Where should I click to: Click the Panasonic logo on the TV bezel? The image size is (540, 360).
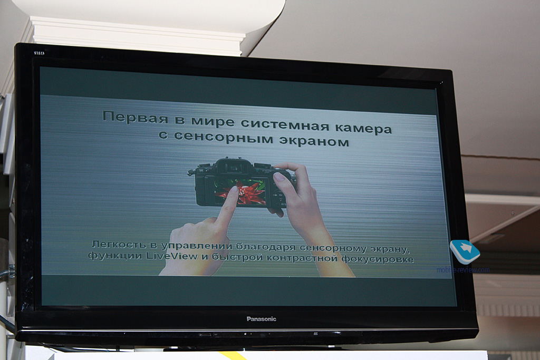262,319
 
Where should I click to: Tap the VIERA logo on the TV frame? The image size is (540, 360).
39,53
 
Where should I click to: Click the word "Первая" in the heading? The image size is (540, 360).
136,117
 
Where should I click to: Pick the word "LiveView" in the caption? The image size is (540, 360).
172,256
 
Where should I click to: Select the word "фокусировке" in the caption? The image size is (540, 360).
378,258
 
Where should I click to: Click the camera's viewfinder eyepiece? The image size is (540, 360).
234,167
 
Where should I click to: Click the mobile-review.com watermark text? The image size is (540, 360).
463,270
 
